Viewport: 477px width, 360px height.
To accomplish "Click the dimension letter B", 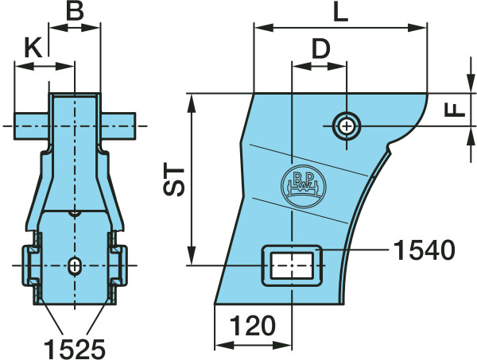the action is click(75, 11).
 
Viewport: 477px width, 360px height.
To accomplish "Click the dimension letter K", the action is click(33, 48).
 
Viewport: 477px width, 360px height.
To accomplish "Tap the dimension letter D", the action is click(321, 49).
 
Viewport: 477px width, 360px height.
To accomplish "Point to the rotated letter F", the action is click(455, 110).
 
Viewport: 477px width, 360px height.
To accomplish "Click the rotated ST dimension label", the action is click(174, 181).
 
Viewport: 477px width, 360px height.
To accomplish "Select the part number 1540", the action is click(425, 250).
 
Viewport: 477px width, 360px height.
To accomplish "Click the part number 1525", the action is click(75, 349).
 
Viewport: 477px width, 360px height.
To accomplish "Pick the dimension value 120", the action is click(253, 325).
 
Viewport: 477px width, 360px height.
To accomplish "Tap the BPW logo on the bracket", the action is click(304, 187).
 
